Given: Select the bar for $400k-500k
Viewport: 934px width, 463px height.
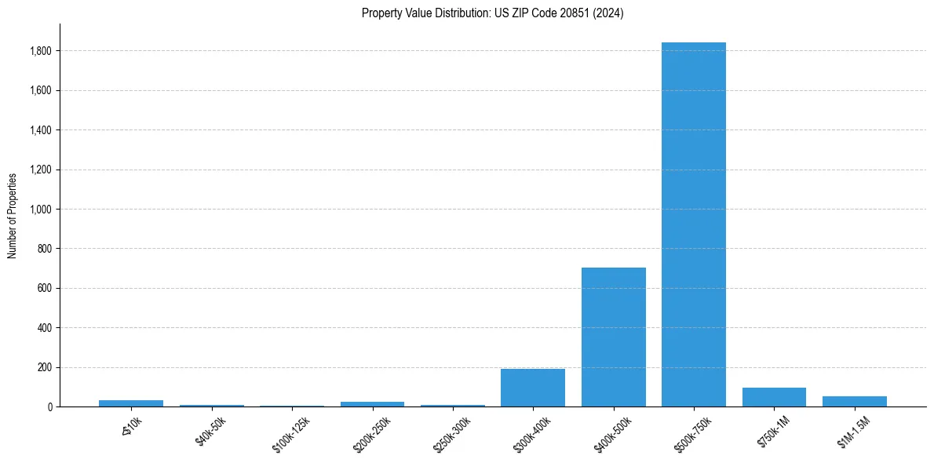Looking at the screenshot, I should coord(613,337).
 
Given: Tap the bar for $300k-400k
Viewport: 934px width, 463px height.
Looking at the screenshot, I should coord(533,388).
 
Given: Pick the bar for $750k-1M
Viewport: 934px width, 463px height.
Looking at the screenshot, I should coord(774,397).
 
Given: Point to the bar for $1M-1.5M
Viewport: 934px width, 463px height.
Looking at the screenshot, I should coord(854,401).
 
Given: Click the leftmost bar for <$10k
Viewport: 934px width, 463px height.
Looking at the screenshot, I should coord(131,403).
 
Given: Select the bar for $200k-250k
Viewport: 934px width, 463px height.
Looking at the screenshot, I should coord(372,404).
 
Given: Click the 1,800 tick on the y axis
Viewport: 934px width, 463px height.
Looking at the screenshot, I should coord(41,51).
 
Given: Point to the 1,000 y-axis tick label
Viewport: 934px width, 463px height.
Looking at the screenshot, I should coord(41,210).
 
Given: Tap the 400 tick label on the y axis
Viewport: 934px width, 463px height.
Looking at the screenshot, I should coord(45,328).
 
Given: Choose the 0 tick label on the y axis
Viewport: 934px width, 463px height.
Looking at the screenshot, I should coord(49,407).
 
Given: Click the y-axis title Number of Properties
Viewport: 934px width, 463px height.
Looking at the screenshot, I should coord(13,215).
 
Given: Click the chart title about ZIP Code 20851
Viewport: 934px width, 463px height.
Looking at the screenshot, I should coord(492,13).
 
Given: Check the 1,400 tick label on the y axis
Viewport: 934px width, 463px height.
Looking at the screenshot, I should coord(41,130).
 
